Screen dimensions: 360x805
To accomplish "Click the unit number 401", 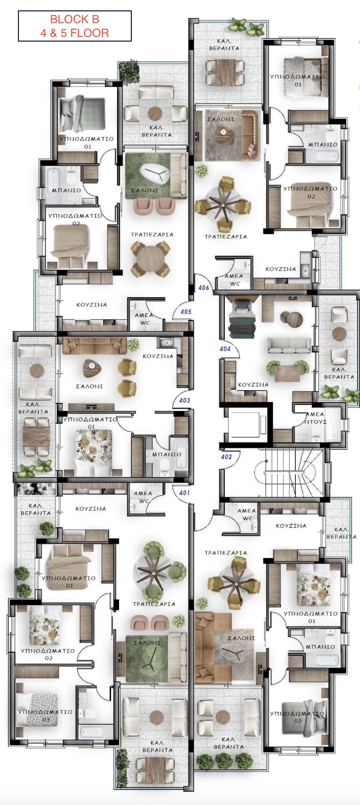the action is click(x=184, y=493).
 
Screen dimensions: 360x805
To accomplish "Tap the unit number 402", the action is click(x=226, y=457).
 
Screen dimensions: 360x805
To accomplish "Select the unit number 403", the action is click(x=184, y=400).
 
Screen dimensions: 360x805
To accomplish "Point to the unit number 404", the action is click(x=225, y=349).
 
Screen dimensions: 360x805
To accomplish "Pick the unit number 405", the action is click(x=186, y=312).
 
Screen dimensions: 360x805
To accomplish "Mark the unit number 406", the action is click(x=204, y=288).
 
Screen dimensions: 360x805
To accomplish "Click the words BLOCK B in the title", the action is click(x=74, y=19).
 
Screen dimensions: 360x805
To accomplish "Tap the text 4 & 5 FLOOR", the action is click(x=74, y=33).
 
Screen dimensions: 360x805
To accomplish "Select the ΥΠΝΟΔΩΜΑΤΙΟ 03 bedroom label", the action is click(x=45, y=716).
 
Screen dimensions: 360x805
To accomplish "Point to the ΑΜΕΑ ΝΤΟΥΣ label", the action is click(x=315, y=418).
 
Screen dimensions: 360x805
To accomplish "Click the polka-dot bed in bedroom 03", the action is click(x=37, y=715).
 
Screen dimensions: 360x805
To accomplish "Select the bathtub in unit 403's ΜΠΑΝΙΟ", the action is click(x=181, y=456).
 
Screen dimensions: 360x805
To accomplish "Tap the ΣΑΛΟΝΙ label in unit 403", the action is click(x=89, y=386).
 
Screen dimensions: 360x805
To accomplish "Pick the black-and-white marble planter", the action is click(x=35, y=489).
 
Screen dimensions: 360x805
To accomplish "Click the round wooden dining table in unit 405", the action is click(x=150, y=258).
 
